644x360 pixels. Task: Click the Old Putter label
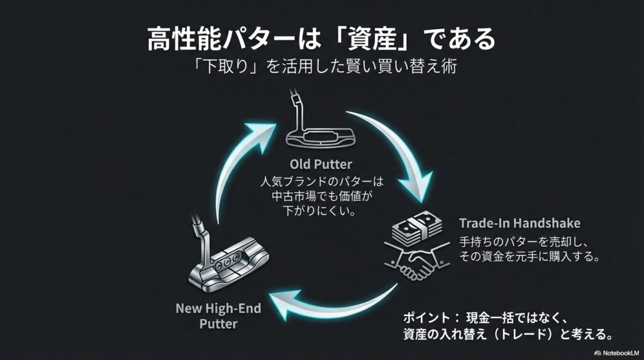coord(322,165)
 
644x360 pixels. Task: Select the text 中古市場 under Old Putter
coord(284,196)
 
